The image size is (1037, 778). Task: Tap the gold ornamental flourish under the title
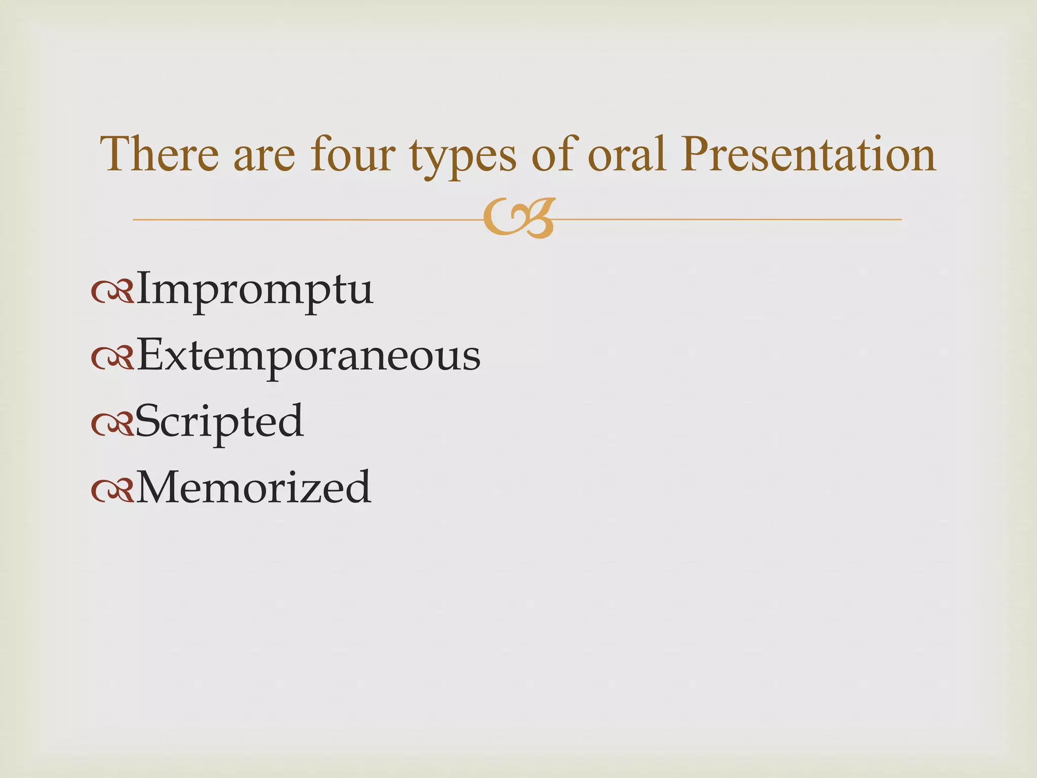click(x=519, y=218)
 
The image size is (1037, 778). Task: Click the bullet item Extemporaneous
click(x=308, y=356)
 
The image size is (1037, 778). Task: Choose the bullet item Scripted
click(x=219, y=421)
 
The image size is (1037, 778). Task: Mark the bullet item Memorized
click(x=254, y=487)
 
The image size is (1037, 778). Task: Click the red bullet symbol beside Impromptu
click(x=112, y=293)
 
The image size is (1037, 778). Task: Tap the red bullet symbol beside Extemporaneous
click(x=112, y=359)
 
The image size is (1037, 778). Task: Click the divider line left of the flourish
click(x=304, y=219)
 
